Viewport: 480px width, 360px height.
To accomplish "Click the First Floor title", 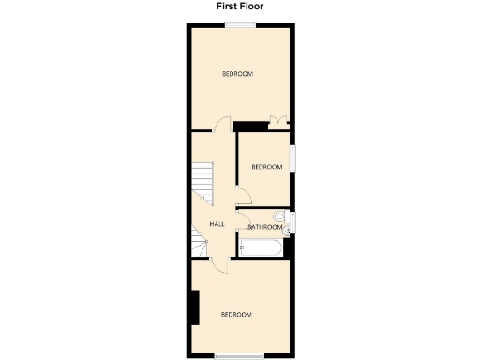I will [x=240, y=6].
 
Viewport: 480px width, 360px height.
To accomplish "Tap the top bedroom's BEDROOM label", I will [x=237, y=74].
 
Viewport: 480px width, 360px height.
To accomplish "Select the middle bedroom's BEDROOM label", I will [x=266, y=167].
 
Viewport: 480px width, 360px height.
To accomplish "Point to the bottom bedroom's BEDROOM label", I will [x=236, y=315].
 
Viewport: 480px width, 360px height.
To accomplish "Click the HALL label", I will [x=217, y=224].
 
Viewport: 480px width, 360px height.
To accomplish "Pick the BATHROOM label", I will [x=265, y=227].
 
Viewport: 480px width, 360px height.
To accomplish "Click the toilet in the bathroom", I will [x=290, y=221].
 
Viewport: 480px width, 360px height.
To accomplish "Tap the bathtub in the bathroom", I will [x=261, y=248].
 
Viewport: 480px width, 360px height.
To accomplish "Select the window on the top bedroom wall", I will [x=239, y=25].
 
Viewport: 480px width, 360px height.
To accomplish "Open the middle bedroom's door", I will [x=243, y=196].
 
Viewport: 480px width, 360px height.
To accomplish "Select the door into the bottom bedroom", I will [x=217, y=263].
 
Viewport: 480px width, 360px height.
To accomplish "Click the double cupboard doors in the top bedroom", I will [x=278, y=119].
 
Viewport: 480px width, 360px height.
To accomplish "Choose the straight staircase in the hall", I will [x=203, y=179].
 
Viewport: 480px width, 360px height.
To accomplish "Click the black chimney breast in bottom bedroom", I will [x=195, y=307].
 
